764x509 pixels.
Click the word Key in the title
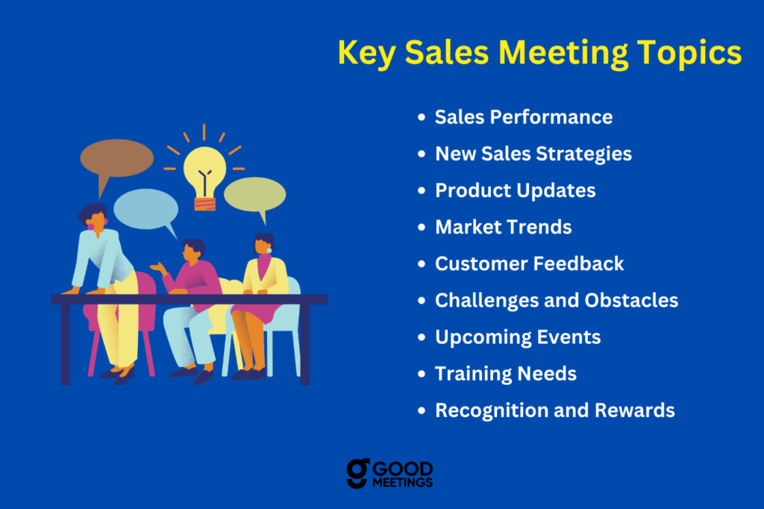pyautogui.click(x=366, y=53)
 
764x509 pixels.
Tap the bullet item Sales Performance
pyautogui.click(x=524, y=117)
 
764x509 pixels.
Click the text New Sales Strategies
pyautogui.click(x=533, y=154)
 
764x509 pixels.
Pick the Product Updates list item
pyautogui.click(x=516, y=190)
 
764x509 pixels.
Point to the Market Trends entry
pyautogui.click(x=504, y=227)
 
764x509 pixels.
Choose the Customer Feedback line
pyautogui.click(x=530, y=263)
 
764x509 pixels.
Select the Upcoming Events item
pyautogui.click(x=518, y=337)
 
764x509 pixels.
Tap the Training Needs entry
pyautogui.click(x=506, y=374)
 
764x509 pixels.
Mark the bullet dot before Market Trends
pyautogui.click(x=422, y=227)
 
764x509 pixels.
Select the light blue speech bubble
pyautogui.click(x=146, y=210)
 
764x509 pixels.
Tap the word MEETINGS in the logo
pyautogui.click(x=402, y=483)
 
